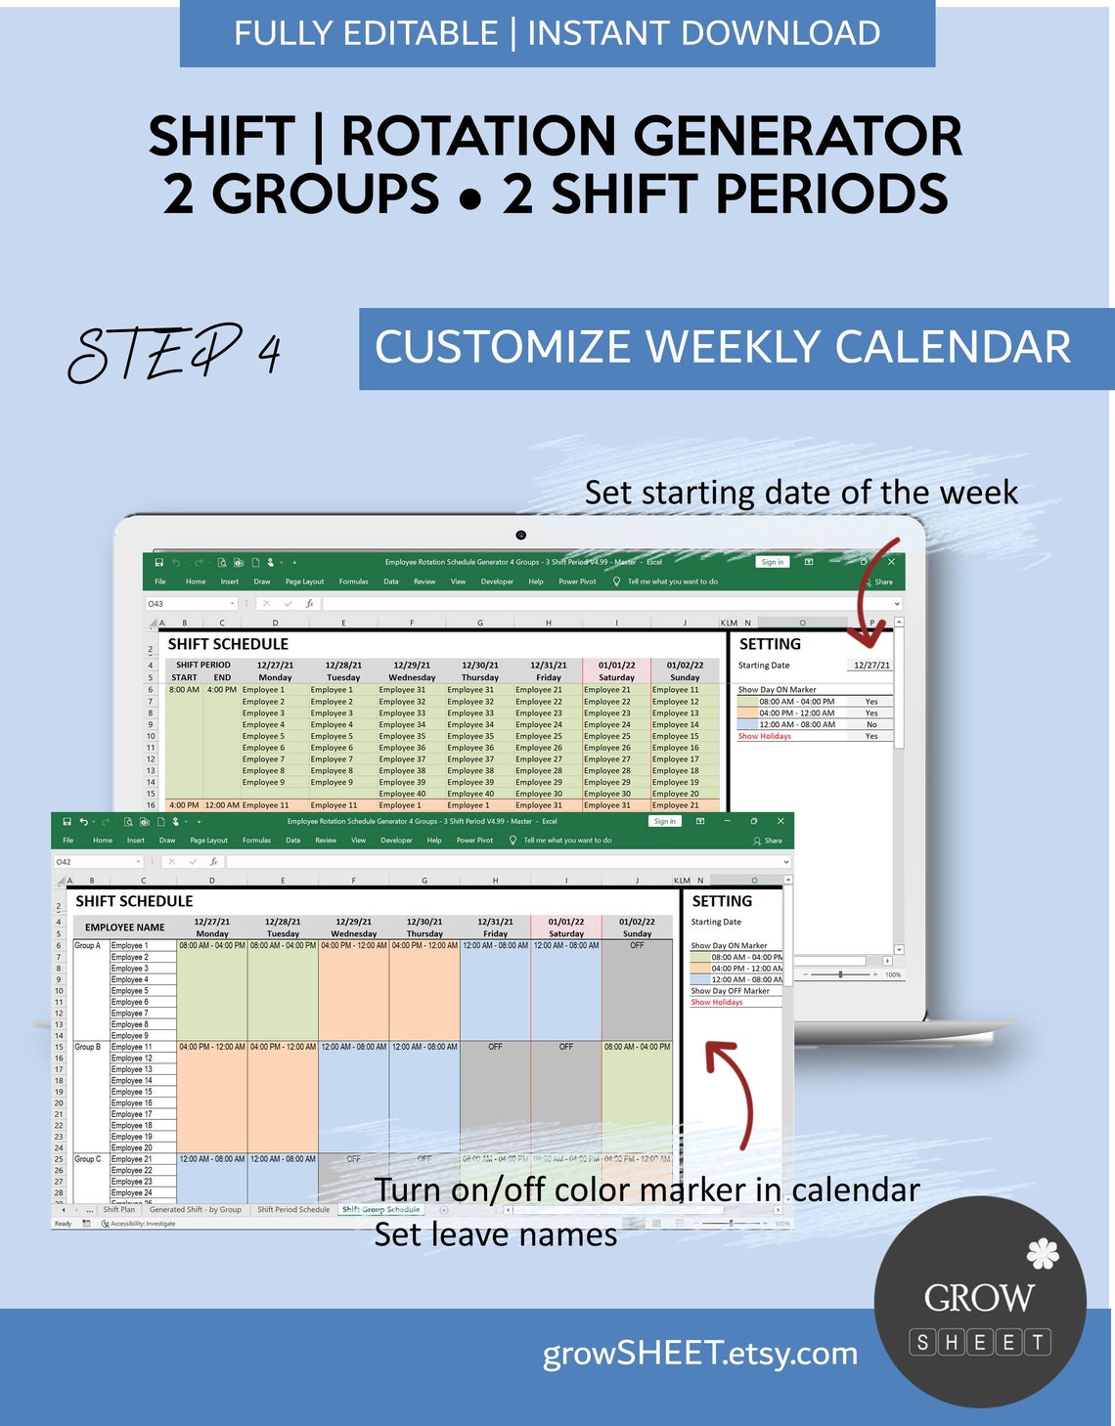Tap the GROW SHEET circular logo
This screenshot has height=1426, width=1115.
click(980, 1301)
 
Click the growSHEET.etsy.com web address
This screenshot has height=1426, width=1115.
click(699, 1354)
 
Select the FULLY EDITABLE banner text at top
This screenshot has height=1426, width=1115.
click(367, 33)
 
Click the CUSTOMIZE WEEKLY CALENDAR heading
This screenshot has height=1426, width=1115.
click(723, 348)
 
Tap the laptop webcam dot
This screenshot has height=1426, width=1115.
click(521, 535)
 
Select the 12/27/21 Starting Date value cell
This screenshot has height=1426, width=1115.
click(870, 666)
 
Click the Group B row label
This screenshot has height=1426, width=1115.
click(87, 1047)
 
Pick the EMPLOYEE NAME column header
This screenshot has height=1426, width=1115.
click(124, 928)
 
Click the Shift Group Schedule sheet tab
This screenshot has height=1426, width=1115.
click(380, 1210)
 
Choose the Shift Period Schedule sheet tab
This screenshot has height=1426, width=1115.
click(293, 1210)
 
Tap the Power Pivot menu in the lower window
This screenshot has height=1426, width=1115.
click(474, 841)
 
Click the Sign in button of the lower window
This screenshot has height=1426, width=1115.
click(664, 821)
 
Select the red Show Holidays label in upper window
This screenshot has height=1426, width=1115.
click(765, 736)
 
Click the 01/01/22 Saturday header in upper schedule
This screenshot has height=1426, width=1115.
click(616, 670)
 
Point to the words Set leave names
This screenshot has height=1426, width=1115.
click(495, 1235)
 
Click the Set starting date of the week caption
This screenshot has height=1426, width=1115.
click(801, 493)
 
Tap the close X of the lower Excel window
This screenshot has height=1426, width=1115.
click(780, 821)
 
